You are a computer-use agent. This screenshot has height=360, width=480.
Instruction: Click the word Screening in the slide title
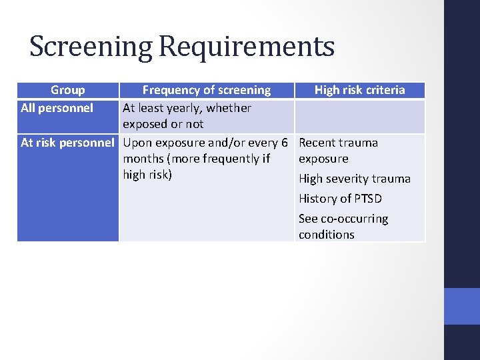(x=91, y=47)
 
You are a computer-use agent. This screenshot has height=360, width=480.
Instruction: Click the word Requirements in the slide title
(x=246, y=47)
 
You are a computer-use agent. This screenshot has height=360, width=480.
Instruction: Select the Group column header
(x=67, y=90)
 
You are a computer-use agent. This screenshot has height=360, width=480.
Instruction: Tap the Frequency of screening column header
(x=207, y=90)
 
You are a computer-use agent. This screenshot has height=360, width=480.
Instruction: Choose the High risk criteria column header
(x=359, y=90)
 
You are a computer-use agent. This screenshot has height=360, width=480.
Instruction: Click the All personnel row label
(x=57, y=107)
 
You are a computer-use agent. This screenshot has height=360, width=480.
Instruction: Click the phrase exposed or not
(x=163, y=124)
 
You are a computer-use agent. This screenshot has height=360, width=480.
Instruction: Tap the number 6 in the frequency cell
(x=284, y=142)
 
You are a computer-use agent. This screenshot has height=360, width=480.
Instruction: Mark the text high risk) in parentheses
(x=147, y=175)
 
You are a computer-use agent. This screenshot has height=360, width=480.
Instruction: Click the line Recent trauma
(x=338, y=142)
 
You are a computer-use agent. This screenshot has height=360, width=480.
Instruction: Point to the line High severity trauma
(x=355, y=179)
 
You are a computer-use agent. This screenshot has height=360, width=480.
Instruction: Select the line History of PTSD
(x=340, y=199)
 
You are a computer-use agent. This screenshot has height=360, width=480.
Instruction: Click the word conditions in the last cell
(x=327, y=235)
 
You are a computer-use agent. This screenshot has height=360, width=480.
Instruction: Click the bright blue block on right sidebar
(x=461, y=306)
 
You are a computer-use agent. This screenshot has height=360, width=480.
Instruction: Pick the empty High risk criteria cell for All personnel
(x=359, y=116)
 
